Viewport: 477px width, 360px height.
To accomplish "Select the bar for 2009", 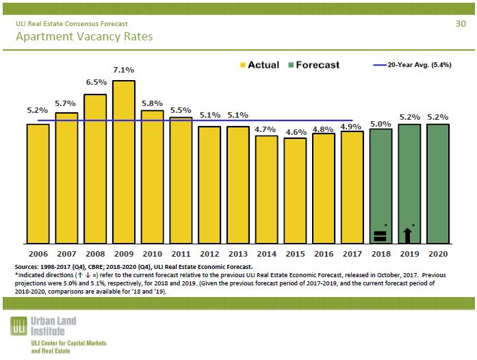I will click(x=124, y=162).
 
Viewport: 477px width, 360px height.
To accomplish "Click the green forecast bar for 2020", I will click(x=438, y=183).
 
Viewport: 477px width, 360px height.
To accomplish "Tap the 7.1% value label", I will click(x=124, y=70).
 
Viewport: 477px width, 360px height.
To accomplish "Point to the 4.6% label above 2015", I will click(x=296, y=131).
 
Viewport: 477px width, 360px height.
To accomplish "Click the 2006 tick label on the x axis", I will click(x=38, y=254).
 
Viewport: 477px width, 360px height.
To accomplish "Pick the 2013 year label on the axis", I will click(x=238, y=254).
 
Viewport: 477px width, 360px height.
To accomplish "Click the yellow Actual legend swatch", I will click(x=243, y=65).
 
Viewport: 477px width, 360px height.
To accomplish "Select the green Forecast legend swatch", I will click(x=291, y=65).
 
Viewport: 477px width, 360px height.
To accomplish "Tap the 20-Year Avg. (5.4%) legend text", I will click(x=420, y=65).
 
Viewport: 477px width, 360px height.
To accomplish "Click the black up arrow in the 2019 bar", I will click(x=408, y=235).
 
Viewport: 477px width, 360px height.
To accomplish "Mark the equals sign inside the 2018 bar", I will click(x=381, y=236).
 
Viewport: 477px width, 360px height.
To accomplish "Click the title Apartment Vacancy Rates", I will click(x=84, y=36).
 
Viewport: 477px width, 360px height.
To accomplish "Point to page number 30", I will click(x=460, y=24).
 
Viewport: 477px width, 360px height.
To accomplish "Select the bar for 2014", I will click(x=267, y=189).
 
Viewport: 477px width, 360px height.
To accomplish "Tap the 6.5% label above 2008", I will click(x=96, y=82).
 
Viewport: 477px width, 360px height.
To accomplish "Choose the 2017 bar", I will click(x=352, y=187).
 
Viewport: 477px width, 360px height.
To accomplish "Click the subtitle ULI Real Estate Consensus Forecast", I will click(x=71, y=24).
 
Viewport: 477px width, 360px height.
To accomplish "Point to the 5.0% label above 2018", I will click(x=381, y=124).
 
